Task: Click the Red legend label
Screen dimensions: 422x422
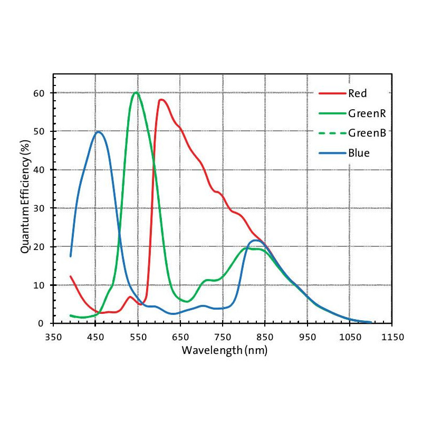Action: [357, 94]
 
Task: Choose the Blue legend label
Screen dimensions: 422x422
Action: [359, 153]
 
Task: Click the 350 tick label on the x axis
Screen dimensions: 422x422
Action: [53, 336]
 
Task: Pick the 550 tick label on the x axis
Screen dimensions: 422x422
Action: [138, 336]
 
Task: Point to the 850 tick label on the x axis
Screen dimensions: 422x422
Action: [265, 336]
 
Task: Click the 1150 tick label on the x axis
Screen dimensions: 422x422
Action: [392, 336]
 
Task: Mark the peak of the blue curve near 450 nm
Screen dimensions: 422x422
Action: [98, 132]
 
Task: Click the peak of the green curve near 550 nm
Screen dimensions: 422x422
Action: [136, 92]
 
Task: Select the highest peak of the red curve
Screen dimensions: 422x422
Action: [161, 100]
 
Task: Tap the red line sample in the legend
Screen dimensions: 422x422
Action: [331, 94]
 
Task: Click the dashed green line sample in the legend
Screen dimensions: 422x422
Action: [331, 133]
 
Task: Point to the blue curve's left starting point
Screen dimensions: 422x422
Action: [71, 256]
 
